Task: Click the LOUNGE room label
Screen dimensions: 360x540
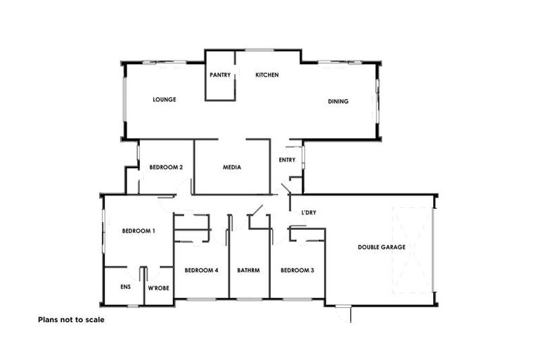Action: (x=164, y=100)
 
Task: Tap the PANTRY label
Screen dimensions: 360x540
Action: (x=220, y=75)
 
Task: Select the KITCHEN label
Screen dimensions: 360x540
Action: (x=267, y=75)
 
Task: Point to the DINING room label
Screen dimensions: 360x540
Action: (x=338, y=101)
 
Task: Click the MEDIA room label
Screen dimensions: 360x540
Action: (x=232, y=167)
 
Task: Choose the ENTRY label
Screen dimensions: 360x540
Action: (x=287, y=160)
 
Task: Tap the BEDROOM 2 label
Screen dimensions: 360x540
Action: (x=167, y=167)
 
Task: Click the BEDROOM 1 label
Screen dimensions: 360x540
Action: (x=139, y=231)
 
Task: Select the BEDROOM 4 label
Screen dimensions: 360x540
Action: (x=202, y=270)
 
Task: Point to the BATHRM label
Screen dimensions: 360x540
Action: (x=249, y=270)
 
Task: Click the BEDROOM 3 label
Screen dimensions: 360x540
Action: (x=297, y=270)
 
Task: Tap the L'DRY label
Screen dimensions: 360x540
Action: (x=308, y=212)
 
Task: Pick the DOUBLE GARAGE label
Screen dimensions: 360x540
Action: (x=382, y=247)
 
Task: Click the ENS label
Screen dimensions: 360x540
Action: (x=125, y=288)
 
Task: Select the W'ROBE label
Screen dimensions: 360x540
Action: (x=158, y=288)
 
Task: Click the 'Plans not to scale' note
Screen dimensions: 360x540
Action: (x=71, y=319)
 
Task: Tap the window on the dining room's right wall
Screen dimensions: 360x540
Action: (x=378, y=100)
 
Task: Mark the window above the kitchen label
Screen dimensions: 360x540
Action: (x=259, y=50)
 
